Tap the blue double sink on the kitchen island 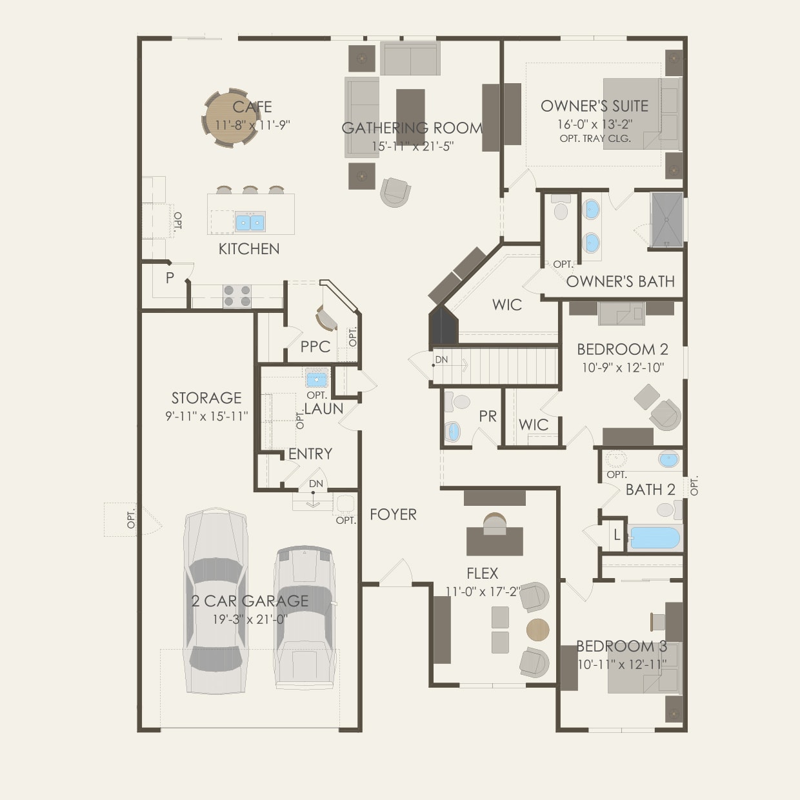coord(250,223)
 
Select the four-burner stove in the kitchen coord(237,296)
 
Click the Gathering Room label coord(412,128)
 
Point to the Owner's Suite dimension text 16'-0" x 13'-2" coord(594,125)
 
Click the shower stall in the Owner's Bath coord(666,219)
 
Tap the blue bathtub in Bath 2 coord(654,537)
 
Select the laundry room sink coord(317,379)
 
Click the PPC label coord(315,346)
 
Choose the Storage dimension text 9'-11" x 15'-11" coord(206,417)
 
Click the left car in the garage coord(215,600)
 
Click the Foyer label coord(393,514)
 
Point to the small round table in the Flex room coord(537,629)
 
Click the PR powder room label coord(488,417)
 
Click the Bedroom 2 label coord(622,350)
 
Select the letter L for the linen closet coord(617,535)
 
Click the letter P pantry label coord(170,278)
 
